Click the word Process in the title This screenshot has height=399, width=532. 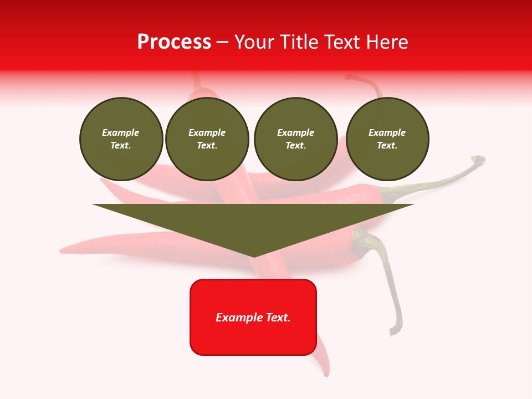click(174, 42)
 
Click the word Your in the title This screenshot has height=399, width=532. click(254, 42)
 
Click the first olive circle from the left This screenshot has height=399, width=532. click(121, 139)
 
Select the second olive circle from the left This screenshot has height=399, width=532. click(207, 139)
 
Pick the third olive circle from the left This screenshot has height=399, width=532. click(295, 139)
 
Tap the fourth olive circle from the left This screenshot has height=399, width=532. click(387, 139)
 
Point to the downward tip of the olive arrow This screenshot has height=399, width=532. click(254, 256)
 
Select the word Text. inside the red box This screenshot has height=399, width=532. click(278, 318)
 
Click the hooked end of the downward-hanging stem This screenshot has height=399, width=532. click(393, 332)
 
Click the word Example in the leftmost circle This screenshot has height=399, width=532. click(121, 132)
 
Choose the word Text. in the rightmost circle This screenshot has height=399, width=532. click(387, 146)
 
